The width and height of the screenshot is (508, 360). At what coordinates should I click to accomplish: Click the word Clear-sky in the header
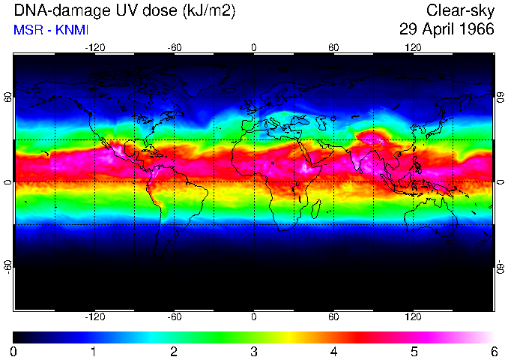click(x=460, y=10)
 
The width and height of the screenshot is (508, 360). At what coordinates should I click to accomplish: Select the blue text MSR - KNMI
click(x=45, y=30)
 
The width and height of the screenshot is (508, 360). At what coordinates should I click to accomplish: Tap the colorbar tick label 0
click(x=14, y=351)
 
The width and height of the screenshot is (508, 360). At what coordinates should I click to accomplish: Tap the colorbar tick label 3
click(x=253, y=351)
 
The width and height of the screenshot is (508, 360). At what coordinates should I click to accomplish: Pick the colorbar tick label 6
click(x=492, y=351)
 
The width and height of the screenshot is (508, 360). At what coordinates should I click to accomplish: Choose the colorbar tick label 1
click(x=94, y=351)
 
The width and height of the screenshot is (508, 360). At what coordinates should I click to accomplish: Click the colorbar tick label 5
click(x=413, y=351)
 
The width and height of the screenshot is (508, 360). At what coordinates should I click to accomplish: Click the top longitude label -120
click(x=94, y=47)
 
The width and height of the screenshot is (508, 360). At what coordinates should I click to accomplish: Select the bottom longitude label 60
click(x=333, y=316)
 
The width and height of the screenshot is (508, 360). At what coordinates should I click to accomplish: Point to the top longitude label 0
click(x=253, y=47)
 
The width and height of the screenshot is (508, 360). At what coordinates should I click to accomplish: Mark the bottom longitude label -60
click(x=174, y=316)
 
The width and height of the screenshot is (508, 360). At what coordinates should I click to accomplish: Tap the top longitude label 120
click(x=413, y=47)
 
